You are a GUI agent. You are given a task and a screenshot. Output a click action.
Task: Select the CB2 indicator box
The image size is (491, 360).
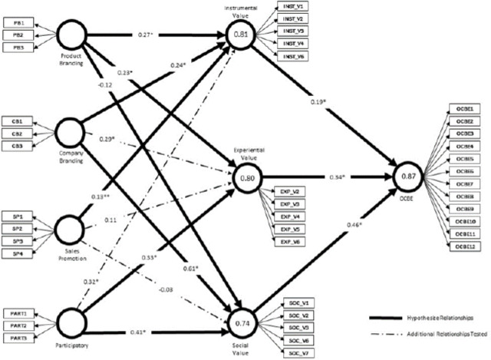coord(18,134)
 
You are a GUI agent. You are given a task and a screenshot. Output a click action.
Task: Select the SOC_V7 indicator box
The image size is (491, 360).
coord(296,352)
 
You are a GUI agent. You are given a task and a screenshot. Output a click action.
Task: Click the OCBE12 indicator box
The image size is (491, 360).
coord(465,246)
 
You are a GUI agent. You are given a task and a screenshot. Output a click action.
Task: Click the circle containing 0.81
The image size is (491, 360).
coord(242,35)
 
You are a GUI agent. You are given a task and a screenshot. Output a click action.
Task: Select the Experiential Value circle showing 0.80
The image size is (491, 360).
coord(247,177)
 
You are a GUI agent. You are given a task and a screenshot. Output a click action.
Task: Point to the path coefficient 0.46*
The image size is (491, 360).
coord(353,224)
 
